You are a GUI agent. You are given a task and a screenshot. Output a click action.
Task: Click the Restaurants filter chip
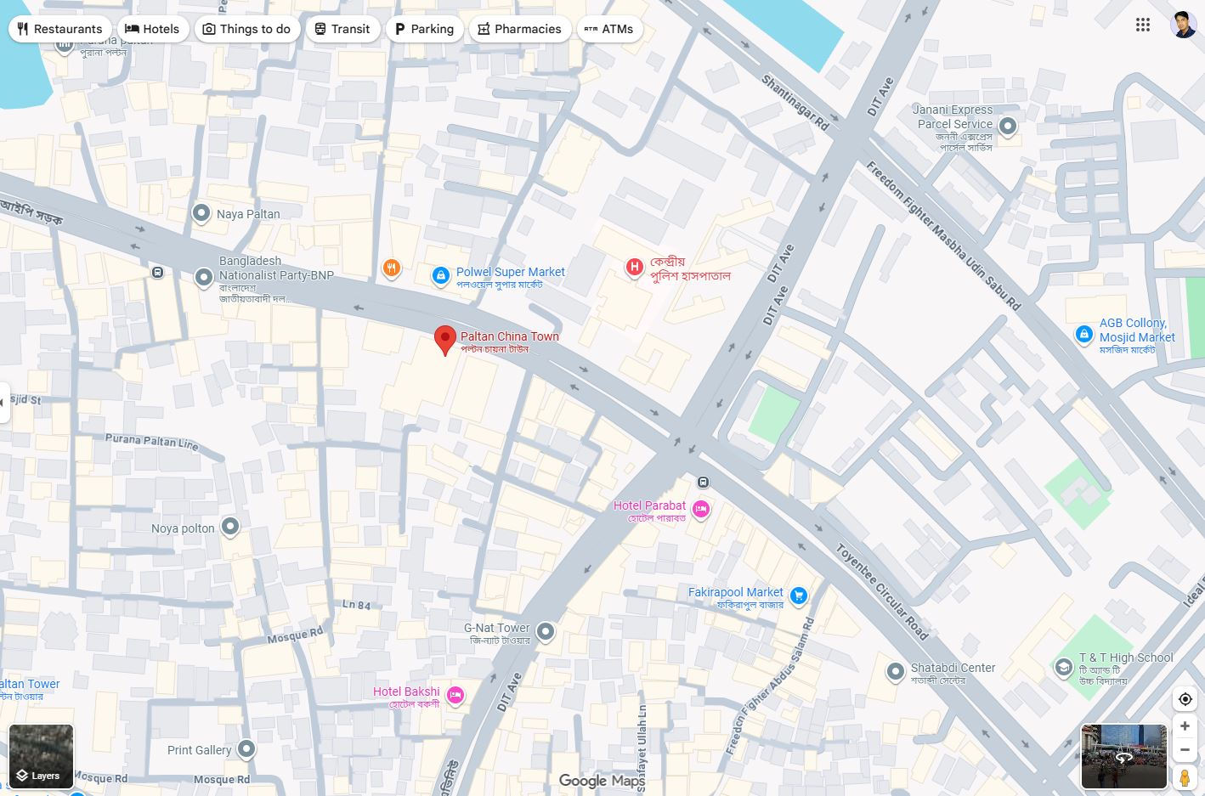pyautogui.click(x=59, y=29)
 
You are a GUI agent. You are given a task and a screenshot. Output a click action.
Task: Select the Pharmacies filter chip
pyautogui.click(x=518, y=29)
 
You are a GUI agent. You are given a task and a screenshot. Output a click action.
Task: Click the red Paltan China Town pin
pyautogui.click(x=444, y=340)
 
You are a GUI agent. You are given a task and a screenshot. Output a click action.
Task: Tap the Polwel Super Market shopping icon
pyautogui.click(x=440, y=275)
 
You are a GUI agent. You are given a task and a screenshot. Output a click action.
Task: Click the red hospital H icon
pyautogui.click(x=634, y=268)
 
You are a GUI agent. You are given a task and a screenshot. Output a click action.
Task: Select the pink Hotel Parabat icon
pyautogui.click(x=700, y=509)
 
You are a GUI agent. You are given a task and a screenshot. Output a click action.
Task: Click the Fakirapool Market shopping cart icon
pyautogui.click(x=798, y=596)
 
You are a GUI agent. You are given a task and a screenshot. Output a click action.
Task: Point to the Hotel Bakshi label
pyautogui.click(x=406, y=692)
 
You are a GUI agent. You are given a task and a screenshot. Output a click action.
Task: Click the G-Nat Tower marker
pyautogui.click(x=546, y=631)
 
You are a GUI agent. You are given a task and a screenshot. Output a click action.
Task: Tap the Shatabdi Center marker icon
pyautogui.click(x=895, y=672)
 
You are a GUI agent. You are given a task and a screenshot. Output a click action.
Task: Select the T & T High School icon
pyautogui.click(x=1063, y=668)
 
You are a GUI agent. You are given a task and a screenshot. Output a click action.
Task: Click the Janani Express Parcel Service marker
pyautogui.click(x=1008, y=127)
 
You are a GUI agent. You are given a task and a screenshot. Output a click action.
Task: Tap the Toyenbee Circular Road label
pyautogui.click(x=881, y=591)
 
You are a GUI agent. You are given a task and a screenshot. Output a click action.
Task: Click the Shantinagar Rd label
pyautogui.click(x=795, y=103)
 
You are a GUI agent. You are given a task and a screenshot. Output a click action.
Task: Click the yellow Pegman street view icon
pyautogui.click(x=1185, y=776)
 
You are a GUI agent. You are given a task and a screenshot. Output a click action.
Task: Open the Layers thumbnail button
pyautogui.click(x=41, y=756)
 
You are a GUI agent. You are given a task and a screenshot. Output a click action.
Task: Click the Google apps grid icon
pyautogui.click(x=1143, y=25)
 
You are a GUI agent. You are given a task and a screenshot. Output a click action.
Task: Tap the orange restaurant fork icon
pyautogui.click(x=391, y=269)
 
